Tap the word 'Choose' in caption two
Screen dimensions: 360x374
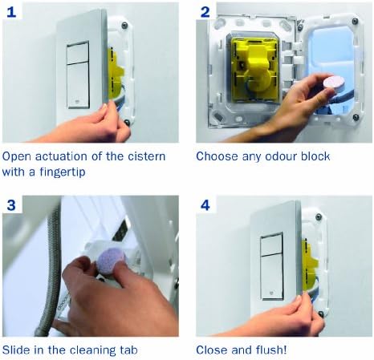click(x=217, y=156)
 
